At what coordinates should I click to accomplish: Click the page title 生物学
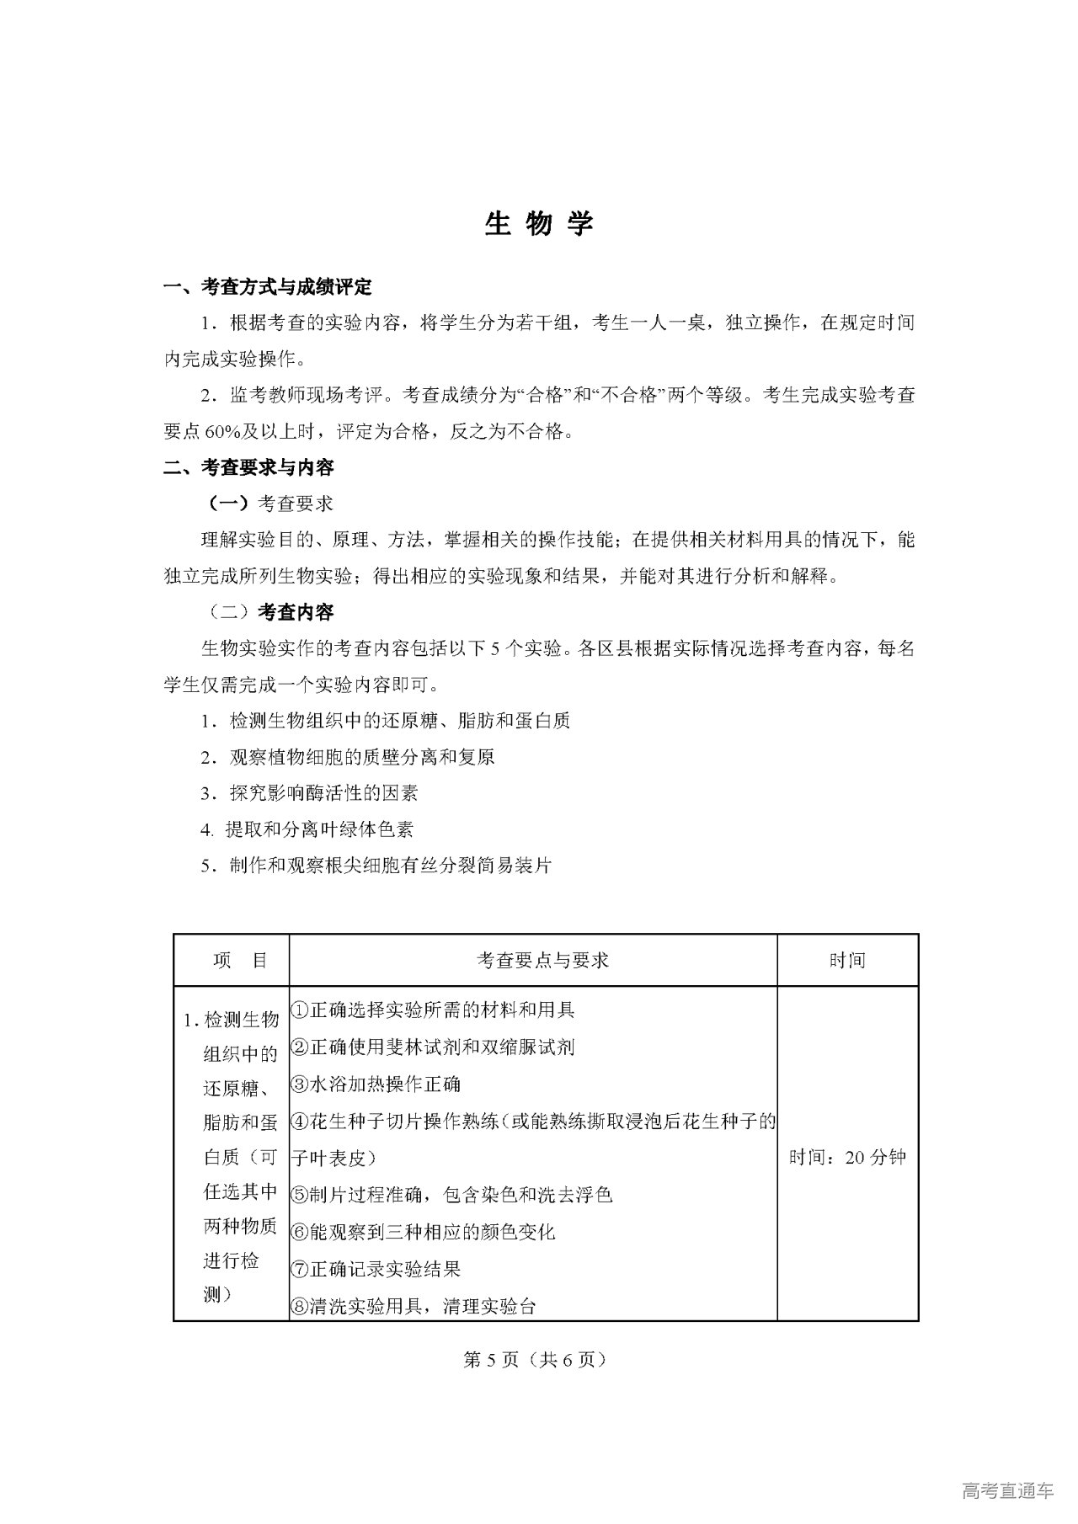click(539, 223)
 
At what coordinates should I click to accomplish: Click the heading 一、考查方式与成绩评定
click(267, 287)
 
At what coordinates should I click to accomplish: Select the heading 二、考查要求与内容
click(248, 467)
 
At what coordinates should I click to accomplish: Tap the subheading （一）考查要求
click(270, 504)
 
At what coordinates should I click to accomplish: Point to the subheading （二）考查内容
click(270, 612)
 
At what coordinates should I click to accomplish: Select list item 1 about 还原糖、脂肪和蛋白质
click(385, 721)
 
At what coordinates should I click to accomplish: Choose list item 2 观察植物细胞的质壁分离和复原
click(347, 757)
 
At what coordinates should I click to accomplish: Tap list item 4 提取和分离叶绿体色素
click(307, 829)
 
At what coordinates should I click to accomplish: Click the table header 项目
click(240, 961)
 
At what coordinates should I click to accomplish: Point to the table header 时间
click(847, 961)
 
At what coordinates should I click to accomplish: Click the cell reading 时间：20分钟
click(847, 1157)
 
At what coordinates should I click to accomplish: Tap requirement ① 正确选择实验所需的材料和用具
click(433, 1010)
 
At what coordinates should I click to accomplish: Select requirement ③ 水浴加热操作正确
click(376, 1084)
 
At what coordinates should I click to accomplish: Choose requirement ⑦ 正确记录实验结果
click(376, 1269)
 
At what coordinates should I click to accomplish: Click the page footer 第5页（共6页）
click(535, 1360)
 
